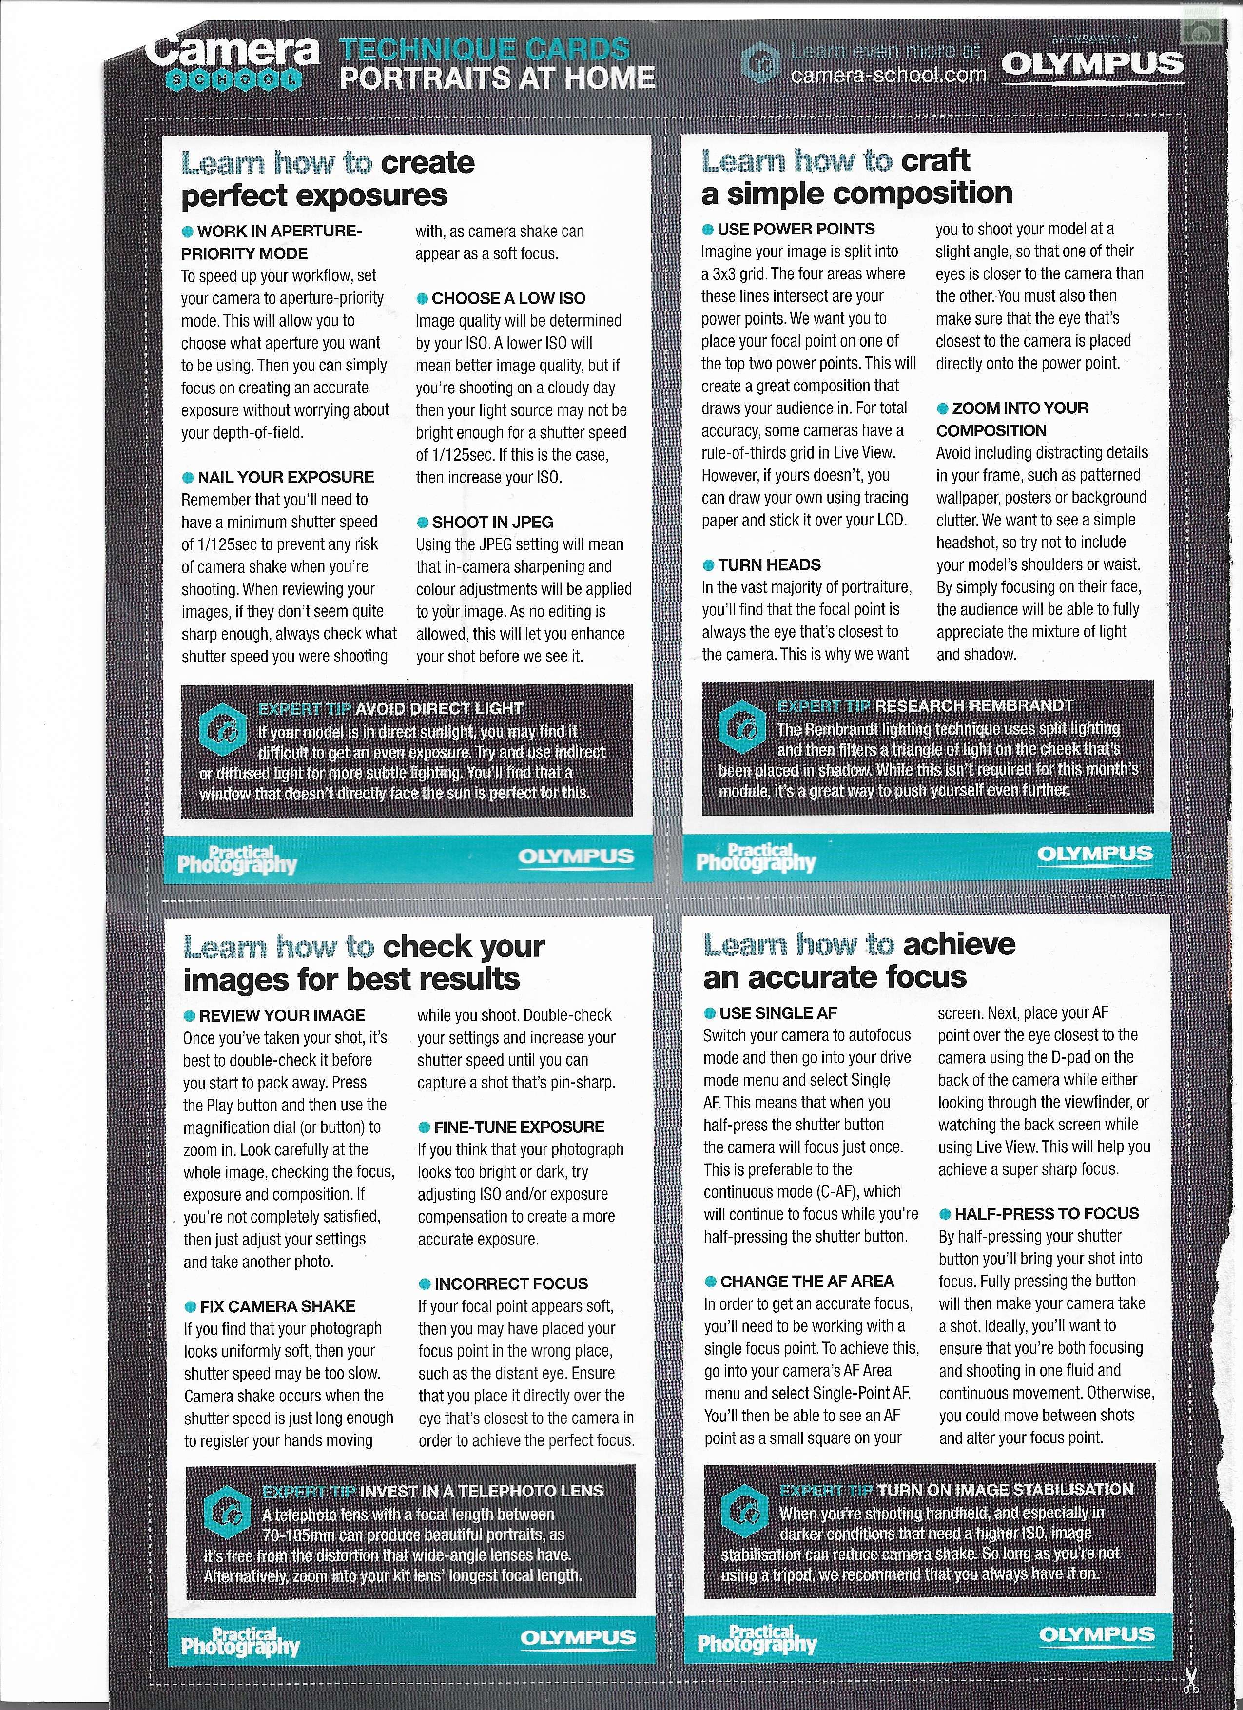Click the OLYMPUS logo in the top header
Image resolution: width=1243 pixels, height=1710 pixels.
point(1092,64)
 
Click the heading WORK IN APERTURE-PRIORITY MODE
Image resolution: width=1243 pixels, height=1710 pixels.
point(272,242)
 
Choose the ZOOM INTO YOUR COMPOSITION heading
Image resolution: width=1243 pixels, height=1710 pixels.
point(1012,419)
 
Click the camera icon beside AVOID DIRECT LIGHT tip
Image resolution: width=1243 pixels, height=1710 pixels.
point(222,731)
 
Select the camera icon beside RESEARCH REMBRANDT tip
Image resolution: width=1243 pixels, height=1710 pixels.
point(742,727)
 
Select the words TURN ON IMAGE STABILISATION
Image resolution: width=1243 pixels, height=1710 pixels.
point(1005,1490)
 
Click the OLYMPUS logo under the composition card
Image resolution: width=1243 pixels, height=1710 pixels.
point(1094,854)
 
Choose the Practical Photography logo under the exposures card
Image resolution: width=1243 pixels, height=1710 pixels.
point(237,860)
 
